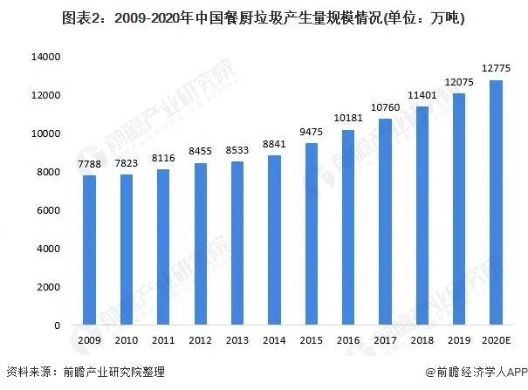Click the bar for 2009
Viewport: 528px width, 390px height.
click(x=89, y=250)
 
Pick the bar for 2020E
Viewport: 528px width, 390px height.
click(x=496, y=202)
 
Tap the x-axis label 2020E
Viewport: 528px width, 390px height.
click(x=496, y=339)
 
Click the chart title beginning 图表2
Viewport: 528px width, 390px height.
click(x=264, y=17)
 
